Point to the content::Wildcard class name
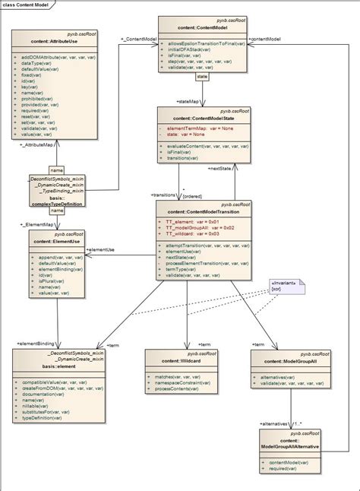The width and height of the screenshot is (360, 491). point(181,362)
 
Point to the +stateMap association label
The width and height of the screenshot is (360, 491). point(188,101)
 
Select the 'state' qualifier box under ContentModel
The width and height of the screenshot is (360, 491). point(202,77)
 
